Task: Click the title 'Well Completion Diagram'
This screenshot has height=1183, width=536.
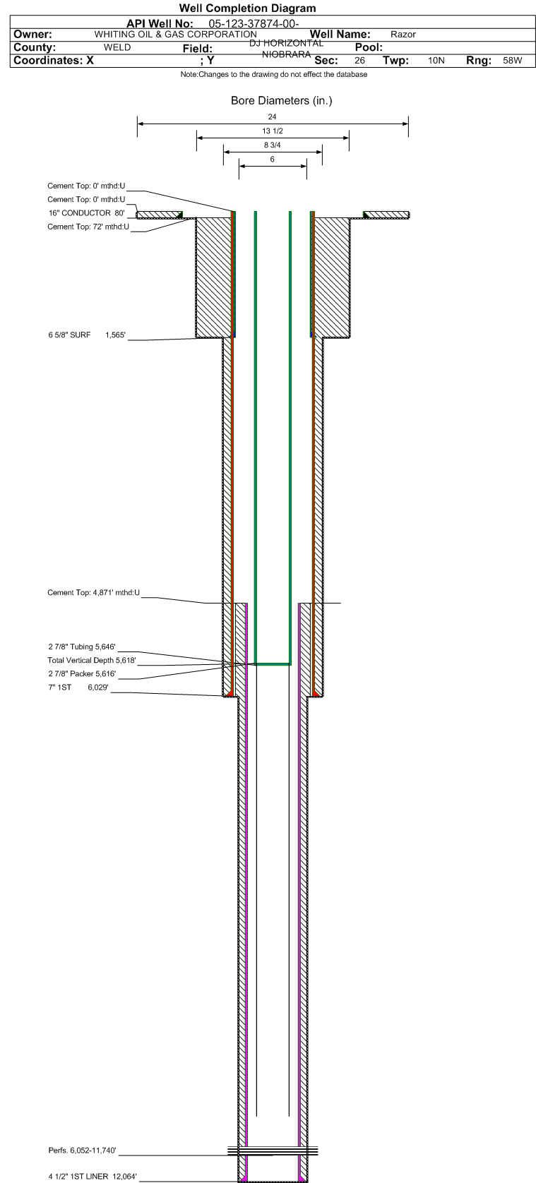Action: pyautogui.click(x=247, y=8)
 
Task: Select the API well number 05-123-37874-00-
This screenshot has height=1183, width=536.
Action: pyautogui.click(x=254, y=23)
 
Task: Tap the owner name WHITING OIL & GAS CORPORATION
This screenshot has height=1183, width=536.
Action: pyautogui.click(x=176, y=35)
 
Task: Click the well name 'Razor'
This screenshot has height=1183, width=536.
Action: pyautogui.click(x=403, y=35)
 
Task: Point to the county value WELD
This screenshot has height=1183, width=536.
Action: pyautogui.click(x=117, y=47)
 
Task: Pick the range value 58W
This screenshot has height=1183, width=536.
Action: pyautogui.click(x=512, y=60)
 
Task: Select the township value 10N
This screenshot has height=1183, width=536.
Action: pyautogui.click(x=436, y=60)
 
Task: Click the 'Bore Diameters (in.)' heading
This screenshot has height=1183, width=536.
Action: pyautogui.click(x=281, y=100)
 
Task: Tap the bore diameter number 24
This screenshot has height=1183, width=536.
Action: pyautogui.click(x=272, y=116)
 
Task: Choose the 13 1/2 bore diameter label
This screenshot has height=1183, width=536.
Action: pyautogui.click(x=272, y=131)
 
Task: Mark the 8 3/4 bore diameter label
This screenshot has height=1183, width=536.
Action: pyautogui.click(x=272, y=145)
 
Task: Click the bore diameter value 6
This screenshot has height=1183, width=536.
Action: pyautogui.click(x=272, y=159)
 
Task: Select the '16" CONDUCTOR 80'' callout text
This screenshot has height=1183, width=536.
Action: pyautogui.click(x=87, y=213)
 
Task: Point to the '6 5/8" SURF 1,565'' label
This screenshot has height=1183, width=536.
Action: pyautogui.click(x=87, y=335)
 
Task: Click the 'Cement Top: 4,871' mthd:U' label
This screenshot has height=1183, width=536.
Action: pyautogui.click(x=93, y=592)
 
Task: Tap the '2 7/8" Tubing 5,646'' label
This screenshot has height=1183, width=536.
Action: pyautogui.click(x=82, y=647)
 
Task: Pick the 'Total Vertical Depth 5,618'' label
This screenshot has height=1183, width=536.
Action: pyautogui.click(x=91, y=660)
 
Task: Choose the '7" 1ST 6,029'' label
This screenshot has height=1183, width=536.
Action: pyautogui.click(x=78, y=687)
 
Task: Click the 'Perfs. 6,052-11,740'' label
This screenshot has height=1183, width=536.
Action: pyautogui.click(x=82, y=1151)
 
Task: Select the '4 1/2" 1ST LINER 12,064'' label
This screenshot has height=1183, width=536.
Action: pyautogui.click(x=93, y=1176)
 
